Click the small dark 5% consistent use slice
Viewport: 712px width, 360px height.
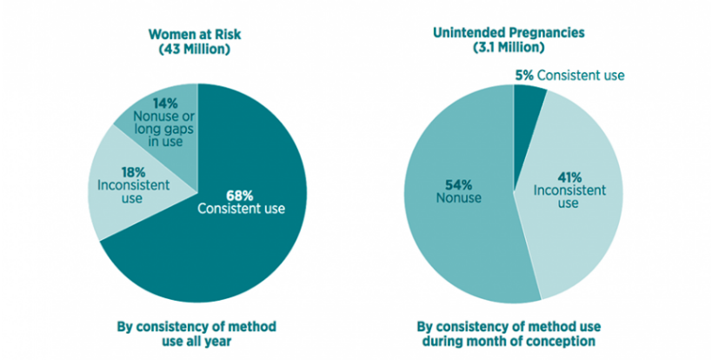point(527,100)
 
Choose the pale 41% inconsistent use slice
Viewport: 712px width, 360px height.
point(582,226)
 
